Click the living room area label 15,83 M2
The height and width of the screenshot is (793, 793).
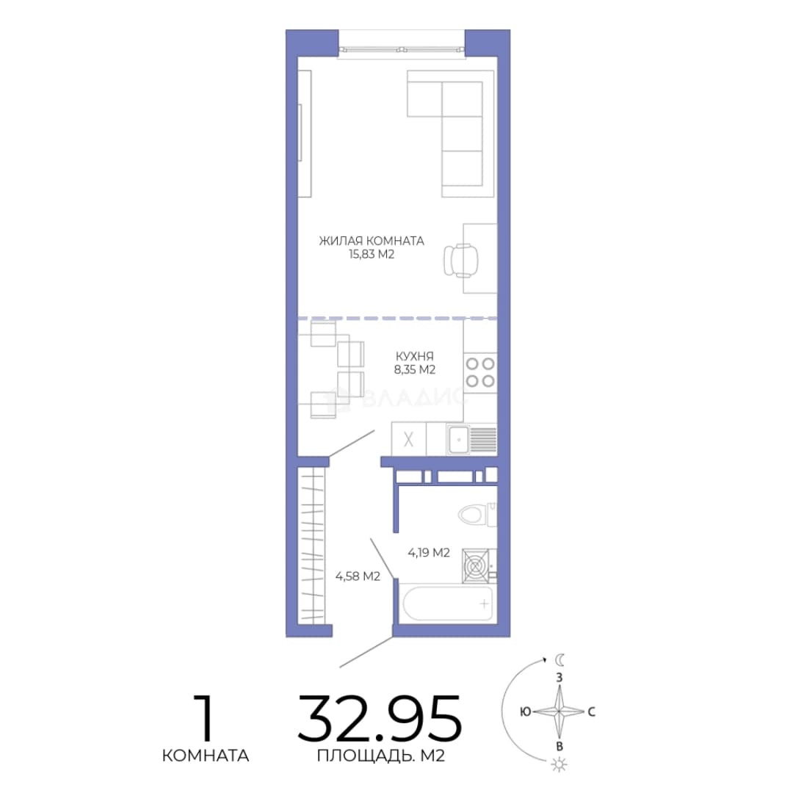[372, 254]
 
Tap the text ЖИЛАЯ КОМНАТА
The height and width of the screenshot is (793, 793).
[372, 241]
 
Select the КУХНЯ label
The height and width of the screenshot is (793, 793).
[415, 356]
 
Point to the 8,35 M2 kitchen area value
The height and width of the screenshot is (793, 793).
[415, 369]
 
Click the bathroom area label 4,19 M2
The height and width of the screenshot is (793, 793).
[429, 553]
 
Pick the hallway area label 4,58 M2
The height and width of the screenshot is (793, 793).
[358, 576]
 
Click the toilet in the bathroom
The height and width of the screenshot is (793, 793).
[477, 515]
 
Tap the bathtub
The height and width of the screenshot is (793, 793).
[448, 603]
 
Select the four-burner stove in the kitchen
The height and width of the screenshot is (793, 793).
[480, 372]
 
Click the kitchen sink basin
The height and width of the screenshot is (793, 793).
[458, 440]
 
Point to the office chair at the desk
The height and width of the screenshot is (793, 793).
[460, 261]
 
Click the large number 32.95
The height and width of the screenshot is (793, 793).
[380, 719]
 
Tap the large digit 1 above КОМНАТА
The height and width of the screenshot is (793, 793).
[205, 717]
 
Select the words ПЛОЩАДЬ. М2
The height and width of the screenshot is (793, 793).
[381, 756]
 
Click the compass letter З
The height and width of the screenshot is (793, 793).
[559, 677]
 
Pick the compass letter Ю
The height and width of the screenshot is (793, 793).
[526, 711]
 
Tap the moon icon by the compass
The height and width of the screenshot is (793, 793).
[560, 660]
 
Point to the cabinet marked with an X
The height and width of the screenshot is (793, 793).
[409, 439]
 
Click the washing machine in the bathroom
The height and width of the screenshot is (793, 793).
[475, 565]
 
